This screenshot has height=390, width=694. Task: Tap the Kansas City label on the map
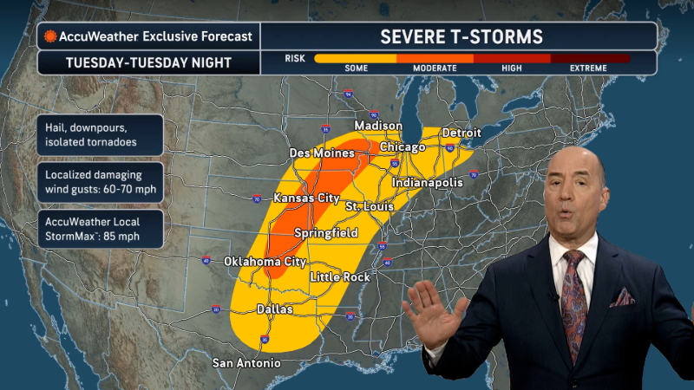(x=306, y=198)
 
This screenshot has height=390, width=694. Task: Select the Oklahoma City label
(x=265, y=261)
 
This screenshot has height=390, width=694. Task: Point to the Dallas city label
(x=275, y=309)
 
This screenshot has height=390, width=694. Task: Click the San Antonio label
(x=246, y=362)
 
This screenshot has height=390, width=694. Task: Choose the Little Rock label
(x=340, y=276)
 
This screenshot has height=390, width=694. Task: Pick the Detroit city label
(x=462, y=133)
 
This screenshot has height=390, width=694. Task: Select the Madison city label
(x=378, y=125)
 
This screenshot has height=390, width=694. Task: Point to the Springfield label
(x=326, y=234)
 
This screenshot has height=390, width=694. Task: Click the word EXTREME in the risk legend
(x=594, y=68)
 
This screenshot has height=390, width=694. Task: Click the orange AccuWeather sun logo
(x=51, y=36)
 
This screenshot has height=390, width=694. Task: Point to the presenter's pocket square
(x=622, y=298)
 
